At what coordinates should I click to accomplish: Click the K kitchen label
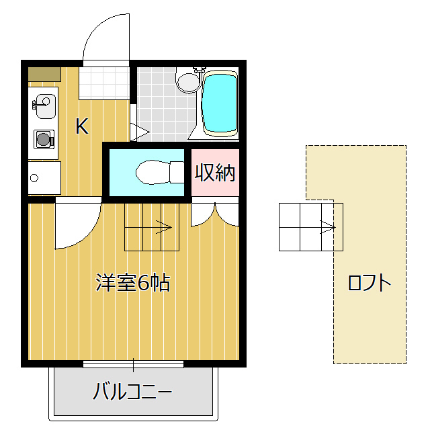click(81, 126)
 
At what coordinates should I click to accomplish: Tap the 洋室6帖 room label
click(132, 283)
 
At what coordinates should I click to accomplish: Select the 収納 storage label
click(215, 173)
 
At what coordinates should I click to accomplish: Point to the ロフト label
click(369, 283)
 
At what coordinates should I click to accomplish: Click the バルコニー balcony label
click(132, 391)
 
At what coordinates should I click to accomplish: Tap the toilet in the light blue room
click(158, 173)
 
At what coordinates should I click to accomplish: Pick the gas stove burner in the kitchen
click(44, 140)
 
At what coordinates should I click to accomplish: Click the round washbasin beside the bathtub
click(187, 82)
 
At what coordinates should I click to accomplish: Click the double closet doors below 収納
click(215, 213)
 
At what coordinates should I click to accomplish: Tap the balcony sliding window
click(133, 365)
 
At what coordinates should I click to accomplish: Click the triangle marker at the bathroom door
click(138, 132)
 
